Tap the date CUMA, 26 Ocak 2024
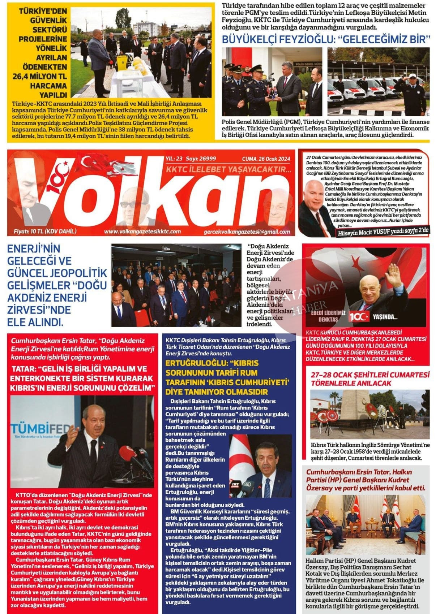[266, 159]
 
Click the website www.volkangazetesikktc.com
[142, 232]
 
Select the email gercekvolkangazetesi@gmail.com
[247, 232]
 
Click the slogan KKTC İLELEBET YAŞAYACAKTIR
[228, 169]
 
